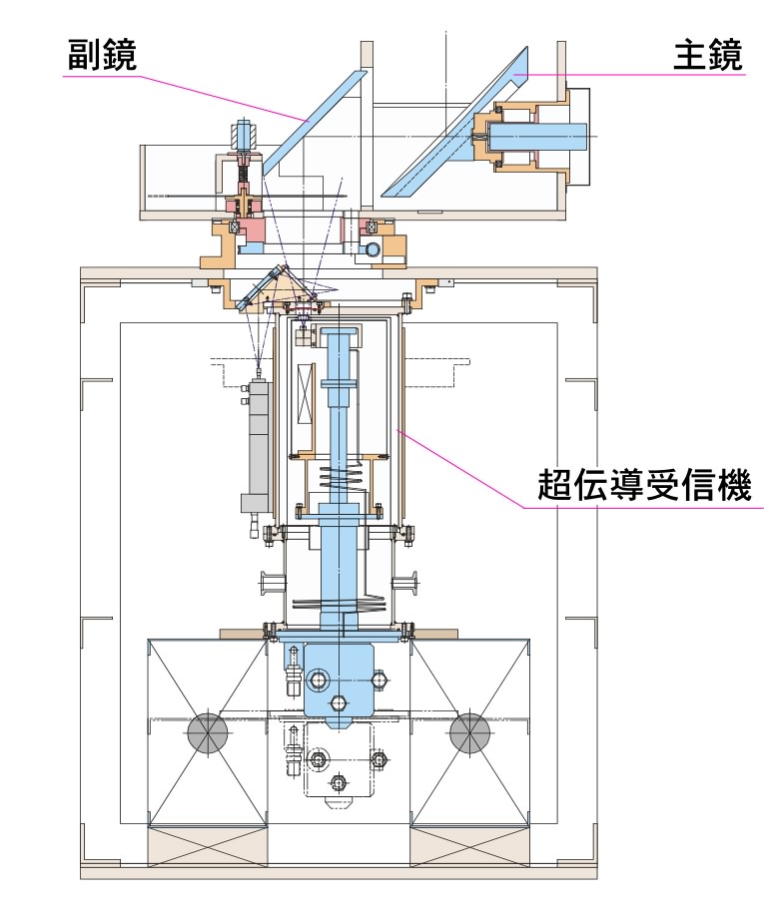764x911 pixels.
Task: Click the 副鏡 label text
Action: (x=102, y=55)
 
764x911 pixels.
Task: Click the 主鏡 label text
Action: (x=708, y=55)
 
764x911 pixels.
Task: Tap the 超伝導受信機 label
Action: (x=644, y=485)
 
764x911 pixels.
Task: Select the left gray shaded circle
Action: (x=208, y=732)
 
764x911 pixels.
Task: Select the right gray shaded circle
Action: (x=469, y=732)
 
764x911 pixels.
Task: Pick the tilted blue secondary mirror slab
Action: (x=314, y=123)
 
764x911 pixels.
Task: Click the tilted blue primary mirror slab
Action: (x=456, y=122)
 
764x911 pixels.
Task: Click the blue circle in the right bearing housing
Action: (x=371, y=248)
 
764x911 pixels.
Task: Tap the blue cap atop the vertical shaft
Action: (x=342, y=332)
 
